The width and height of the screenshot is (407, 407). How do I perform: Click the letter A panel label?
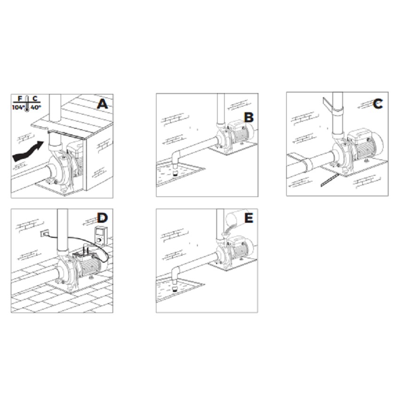(x=102, y=103)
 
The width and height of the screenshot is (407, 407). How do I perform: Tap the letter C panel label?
(x=378, y=104)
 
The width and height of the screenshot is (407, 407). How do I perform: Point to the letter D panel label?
(x=102, y=218)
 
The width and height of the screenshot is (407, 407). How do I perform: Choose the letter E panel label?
(x=249, y=218)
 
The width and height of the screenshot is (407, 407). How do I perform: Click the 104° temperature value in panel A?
(x=20, y=108)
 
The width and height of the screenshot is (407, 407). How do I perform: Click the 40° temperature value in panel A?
(x=36, y=108)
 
